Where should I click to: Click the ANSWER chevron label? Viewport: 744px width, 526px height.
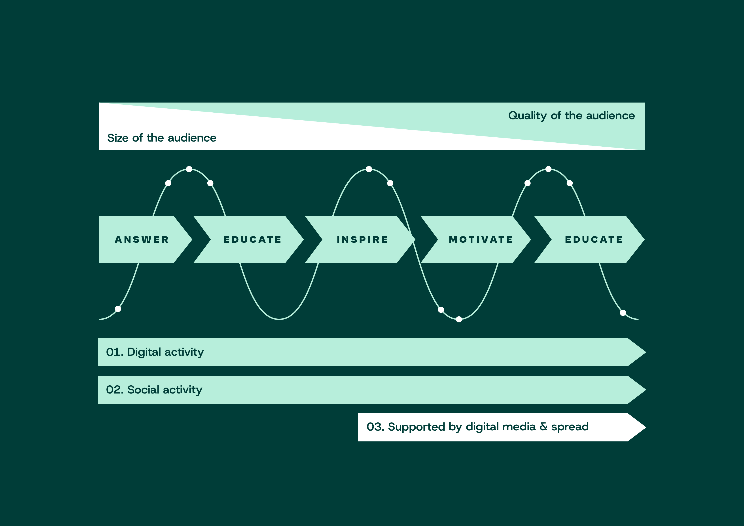(x=142, y=240)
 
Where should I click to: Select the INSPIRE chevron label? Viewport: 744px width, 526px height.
(x=362, y=240)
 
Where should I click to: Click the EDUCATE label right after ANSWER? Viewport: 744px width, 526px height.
(x=252, y=240)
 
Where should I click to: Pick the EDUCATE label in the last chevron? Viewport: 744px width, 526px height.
(x=594, y=240)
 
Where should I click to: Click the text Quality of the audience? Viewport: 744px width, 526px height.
(x=571, y=116)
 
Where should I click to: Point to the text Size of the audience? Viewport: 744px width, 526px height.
(x=162, y=138)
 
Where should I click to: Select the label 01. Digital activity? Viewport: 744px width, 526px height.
(x=155, y=352)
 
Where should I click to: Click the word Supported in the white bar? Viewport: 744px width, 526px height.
(x=416, y=427)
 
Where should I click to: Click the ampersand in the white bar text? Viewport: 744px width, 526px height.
(x=543, y=427)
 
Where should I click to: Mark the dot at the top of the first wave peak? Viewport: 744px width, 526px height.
(x=189, y=169)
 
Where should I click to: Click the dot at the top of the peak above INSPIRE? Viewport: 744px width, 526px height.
(x=369, y=169)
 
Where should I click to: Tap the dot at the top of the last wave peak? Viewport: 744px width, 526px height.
(x=548, y=169)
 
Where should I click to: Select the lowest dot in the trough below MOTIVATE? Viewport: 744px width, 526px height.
(x=459, y=320)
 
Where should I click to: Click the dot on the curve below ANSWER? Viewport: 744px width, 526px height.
(x=118, y=309)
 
